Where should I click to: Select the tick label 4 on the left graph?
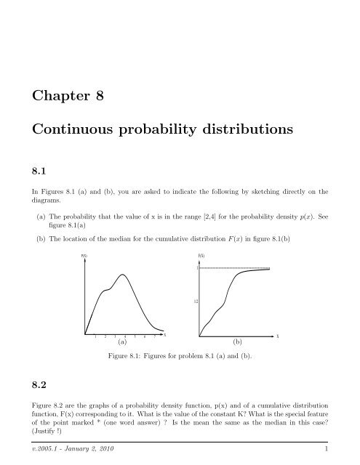pos(125,337)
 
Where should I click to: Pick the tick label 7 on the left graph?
pos(155,337)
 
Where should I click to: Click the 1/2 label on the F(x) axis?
pos(196,300)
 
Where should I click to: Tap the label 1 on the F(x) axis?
pos(196,269)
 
